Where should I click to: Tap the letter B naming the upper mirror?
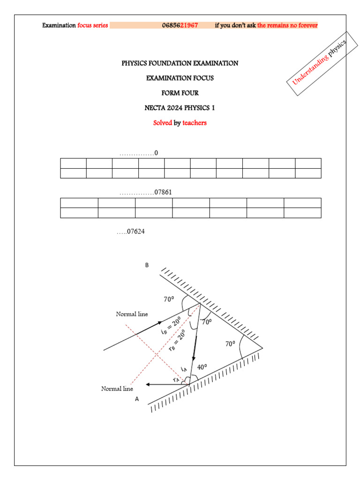coord(147,265)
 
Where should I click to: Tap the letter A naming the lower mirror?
coord(137,399)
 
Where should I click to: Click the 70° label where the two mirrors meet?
coord(230,344)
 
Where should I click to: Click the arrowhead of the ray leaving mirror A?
coord(149,384)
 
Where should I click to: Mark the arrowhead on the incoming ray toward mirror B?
coord(161,323)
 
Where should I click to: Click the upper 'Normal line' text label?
coord(132,314)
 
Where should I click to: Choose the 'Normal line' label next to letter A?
coord(117,389)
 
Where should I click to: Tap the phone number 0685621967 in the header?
coord(180,25)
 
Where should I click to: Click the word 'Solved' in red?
coord(163,123)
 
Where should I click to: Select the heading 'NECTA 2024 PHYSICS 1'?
coord(180,108)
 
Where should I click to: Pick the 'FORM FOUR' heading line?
coord(180,93)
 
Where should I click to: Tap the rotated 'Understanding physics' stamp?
coord(319,63)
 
